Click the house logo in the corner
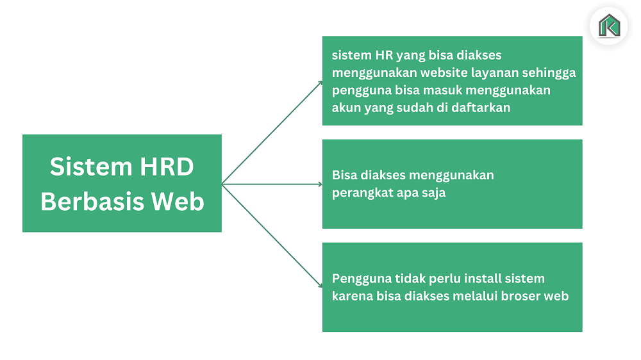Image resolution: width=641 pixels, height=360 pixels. pos(609,26)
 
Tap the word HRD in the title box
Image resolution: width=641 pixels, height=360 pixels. pos(167,167)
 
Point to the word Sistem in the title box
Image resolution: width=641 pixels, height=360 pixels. pos(91,167)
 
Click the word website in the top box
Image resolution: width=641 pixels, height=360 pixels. pos(444,73)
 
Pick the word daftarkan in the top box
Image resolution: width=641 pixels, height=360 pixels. pos(481,108)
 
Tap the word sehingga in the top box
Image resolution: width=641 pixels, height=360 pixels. pos(549,73)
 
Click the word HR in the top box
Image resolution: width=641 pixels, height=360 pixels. pos(384,55)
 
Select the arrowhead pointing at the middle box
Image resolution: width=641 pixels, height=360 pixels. pos(320,184)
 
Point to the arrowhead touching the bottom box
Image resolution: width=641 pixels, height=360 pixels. pos(320,285)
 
